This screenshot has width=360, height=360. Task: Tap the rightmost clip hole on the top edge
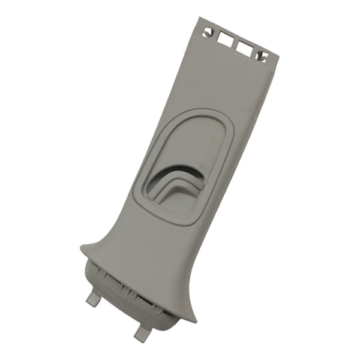point(263,56)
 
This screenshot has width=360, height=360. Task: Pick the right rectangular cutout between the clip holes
point(245,47)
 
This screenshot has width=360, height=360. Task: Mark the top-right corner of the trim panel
point(278,57)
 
